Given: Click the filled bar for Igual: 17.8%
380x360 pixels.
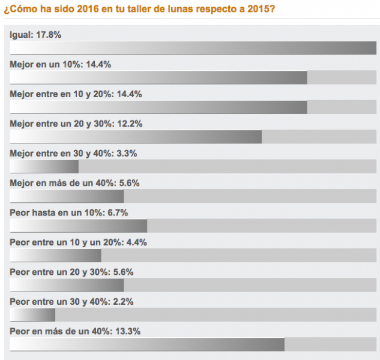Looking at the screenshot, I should [x=193, y=48].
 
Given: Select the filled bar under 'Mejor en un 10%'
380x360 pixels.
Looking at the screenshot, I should [x=158, y=77].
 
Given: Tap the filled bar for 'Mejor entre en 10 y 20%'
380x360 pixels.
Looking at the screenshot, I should [x=158, y=107].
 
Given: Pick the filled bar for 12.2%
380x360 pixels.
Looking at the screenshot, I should [x=136, y=137].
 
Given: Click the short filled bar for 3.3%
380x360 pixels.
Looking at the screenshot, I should [x=44, y=166].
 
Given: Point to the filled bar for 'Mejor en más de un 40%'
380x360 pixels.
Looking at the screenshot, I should [x=67, y=196].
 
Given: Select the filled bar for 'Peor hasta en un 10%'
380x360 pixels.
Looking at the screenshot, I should [x=79, y=226].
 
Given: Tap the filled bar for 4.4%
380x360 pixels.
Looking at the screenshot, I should [x=55, y=256].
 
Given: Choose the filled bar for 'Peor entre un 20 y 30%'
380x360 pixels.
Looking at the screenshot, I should [x=67, y=285].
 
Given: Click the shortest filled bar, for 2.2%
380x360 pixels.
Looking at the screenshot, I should [x=32, y=314].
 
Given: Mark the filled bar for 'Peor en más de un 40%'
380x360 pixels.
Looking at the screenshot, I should [x=147, y=344].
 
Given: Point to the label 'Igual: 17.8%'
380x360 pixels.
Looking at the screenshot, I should [x=35, y=35].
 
